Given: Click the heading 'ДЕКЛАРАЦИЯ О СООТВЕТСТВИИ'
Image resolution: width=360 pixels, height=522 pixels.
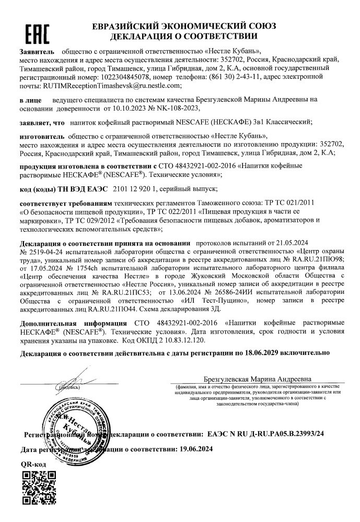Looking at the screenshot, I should point(183,37).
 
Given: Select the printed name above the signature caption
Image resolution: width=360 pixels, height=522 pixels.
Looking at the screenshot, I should point(258,378).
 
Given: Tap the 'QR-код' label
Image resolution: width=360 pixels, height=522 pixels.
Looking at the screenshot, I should point(33,464).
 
